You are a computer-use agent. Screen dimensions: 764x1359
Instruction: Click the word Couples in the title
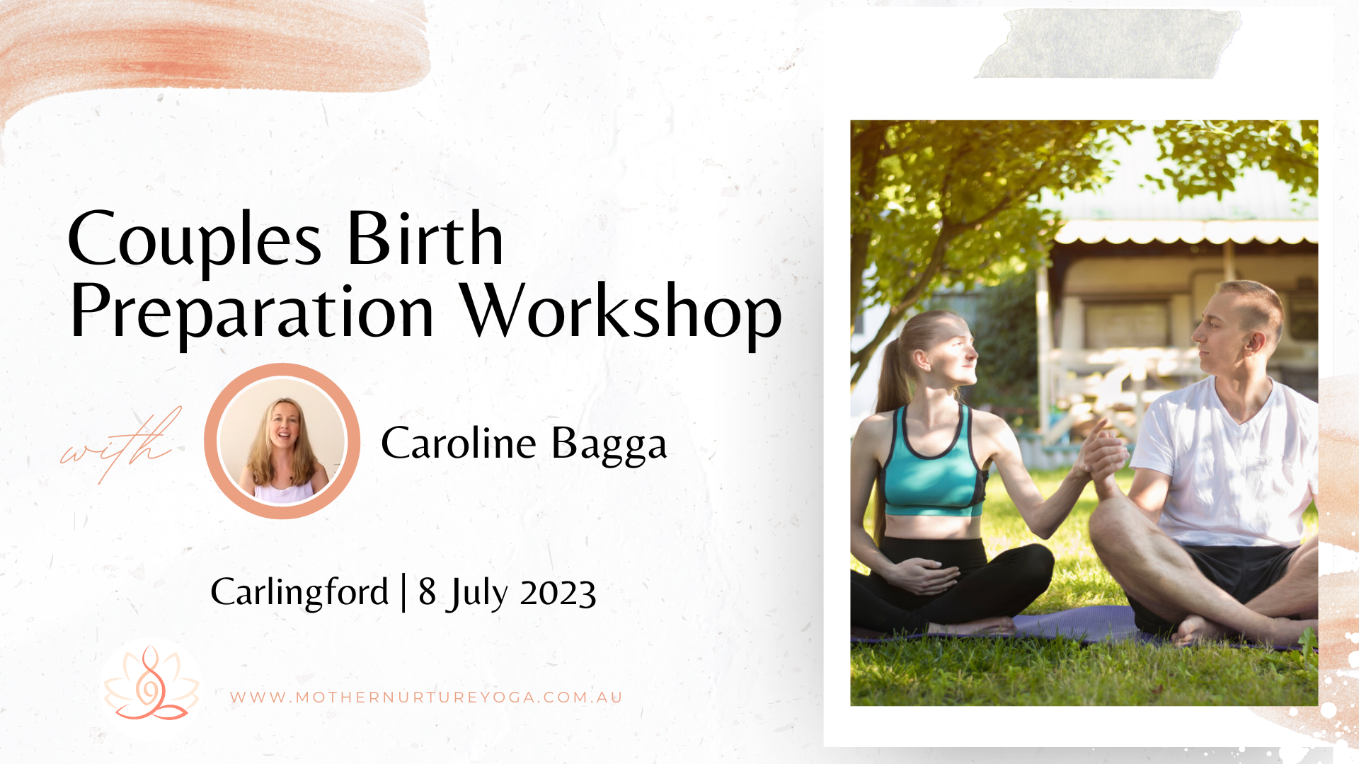[x=195, y=241]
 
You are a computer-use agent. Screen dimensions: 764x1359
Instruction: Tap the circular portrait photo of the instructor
[x=282, y=441]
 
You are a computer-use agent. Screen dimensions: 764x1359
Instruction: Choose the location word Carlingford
[x=299, y=592]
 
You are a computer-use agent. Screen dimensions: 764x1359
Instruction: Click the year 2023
[x=558, y=593]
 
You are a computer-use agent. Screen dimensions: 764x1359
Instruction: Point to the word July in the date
[x=476, y=593]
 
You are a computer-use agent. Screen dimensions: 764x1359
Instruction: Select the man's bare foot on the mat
[x=1196, y=630]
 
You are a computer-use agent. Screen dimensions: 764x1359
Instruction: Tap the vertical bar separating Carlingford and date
[x=403, y=593]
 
